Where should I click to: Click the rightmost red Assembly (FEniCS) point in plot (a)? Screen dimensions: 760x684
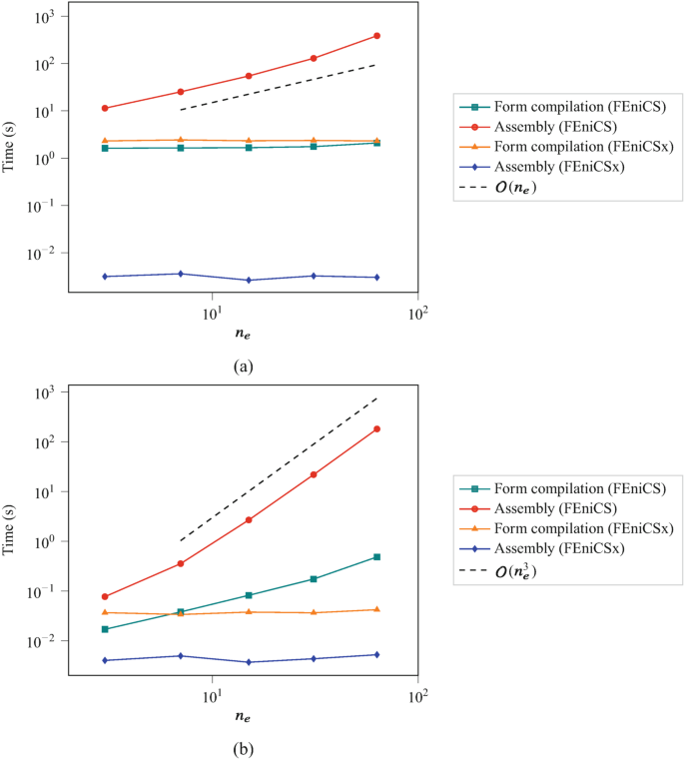point(376,36)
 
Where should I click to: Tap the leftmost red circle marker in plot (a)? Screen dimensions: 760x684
point(104,108)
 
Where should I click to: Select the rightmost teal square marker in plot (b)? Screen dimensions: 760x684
point(376,556)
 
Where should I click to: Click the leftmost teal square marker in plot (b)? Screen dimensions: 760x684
point(104,629)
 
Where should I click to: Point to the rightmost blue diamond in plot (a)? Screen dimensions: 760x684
point(376,278)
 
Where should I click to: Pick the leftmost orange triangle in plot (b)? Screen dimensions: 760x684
point(104,612)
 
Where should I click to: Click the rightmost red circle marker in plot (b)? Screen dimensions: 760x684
point(376,428)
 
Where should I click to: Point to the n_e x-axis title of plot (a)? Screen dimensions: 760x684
point(242,337)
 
